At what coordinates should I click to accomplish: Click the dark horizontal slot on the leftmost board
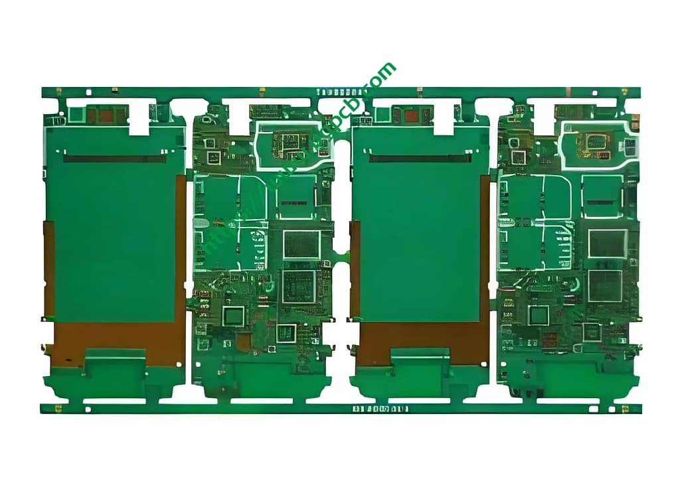click(x=115, y=159)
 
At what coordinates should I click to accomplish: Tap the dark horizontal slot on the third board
click(x=420, y=159)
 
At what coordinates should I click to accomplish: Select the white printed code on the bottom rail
click(x=380, y=409)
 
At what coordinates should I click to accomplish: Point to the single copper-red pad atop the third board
click(x=412, y=115)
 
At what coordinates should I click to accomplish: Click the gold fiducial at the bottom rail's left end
click(x=58, y=408)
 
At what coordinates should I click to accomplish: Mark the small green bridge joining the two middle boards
click(x=342, y=255)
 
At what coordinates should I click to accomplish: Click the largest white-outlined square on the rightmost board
click(x=607, y=244)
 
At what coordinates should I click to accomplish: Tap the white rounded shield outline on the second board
click(x=292, y=144)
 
